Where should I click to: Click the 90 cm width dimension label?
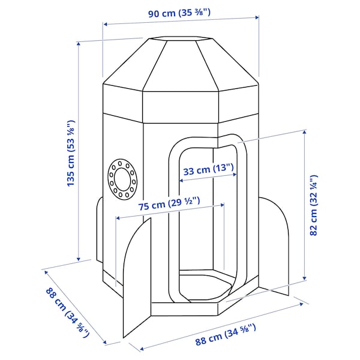pyautogui.click(x=179, y=13)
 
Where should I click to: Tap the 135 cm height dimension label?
pyautogui.click(x=71, y=153)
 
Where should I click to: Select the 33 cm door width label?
pyautogui.click(x=208, y=170)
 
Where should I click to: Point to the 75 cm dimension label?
pyautogui.click(x=169, y=203)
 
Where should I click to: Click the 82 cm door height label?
pyautogui.click(x=314, y=205)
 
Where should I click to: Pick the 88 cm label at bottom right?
pyautogui.click(x=226, y=334)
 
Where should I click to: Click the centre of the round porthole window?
pyautogui.click(x=122, y=179)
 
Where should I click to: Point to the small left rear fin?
pyautogui.click(x=100, y=230)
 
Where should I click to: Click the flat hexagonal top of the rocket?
pyautogui.click(x=181, y=39)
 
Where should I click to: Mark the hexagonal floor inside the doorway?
pyautogui.click(x=205, y=284)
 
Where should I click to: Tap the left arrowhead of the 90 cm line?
pyautogui.click(x=105, y=24)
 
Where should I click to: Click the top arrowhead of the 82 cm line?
pyautogui.click(x=305, y=132)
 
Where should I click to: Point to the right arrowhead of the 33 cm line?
pyautogui.click(x=235, y=175)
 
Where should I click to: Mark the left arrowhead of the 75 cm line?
pyautogui.click(x=118, y=218)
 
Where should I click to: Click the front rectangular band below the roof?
pyautogui.click(x=181, y=107)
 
